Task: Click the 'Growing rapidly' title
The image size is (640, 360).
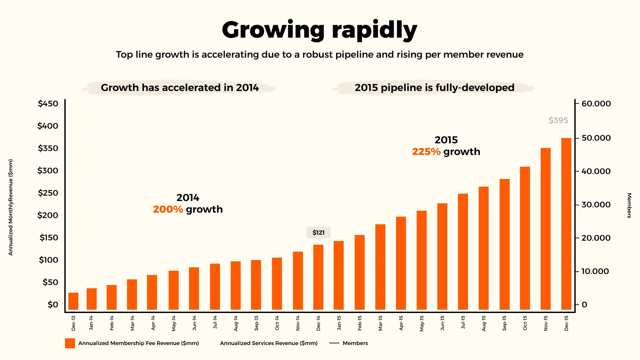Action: (x=319, y=30)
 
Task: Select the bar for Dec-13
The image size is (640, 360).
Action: (x=73, y=301)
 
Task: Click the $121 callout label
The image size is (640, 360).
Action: (x=318, y=233)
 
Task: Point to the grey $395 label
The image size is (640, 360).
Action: (x=558, y=120)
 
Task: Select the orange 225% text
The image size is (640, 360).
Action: (x=426, y=152)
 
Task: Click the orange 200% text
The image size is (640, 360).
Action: (x=168, y=209)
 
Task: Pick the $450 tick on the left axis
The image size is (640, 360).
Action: (x=48, y=104)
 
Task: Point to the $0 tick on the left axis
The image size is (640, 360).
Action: (x=53, y=305)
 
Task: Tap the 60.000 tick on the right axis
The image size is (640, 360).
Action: (x=596, y=104)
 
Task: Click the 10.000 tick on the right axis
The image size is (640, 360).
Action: (x=595, y=271)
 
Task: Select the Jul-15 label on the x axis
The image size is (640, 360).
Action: (x=463, y=323)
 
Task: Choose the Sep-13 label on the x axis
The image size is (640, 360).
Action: (x=256, y=323)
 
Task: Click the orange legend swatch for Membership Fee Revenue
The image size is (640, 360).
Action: (x=70, y=343)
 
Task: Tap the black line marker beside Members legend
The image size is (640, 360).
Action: (x=334, y=343)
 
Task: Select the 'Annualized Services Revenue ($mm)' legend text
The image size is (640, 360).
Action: (x=269, y=343)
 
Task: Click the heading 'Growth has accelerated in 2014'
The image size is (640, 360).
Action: (x=180, y=88)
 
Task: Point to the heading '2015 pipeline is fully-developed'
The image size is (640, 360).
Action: (x=434, y=88)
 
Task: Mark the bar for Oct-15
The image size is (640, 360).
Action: (x=525, y=238)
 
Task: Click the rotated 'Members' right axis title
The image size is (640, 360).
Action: (x=629, y=205)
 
